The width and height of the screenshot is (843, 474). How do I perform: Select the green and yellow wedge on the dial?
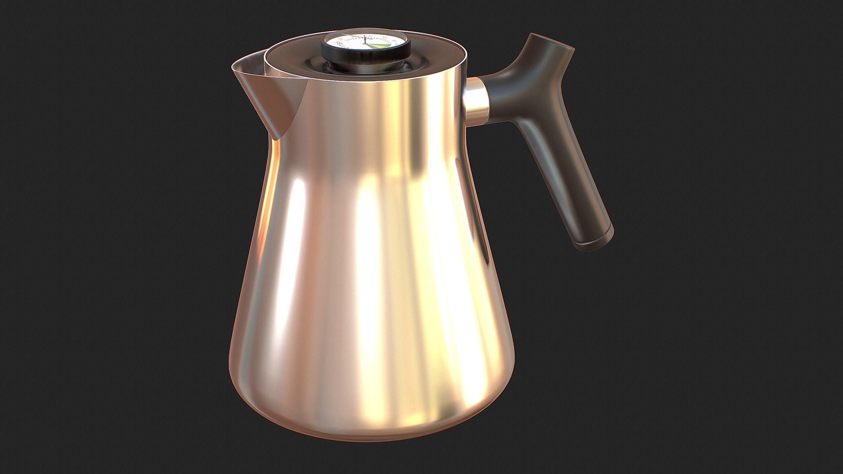pos(384,49)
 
